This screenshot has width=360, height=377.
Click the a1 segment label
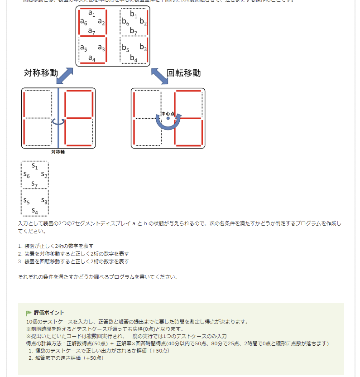click(91, 14)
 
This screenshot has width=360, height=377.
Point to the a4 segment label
click(91, 58)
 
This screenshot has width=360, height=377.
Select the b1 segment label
click(134, 14)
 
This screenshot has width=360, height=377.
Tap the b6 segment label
click(125, 22)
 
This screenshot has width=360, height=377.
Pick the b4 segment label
click(134, 58)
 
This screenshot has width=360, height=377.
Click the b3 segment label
click(143, 47)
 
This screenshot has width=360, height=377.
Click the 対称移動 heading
click(41, 73)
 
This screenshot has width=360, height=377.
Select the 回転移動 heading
click(184, 73)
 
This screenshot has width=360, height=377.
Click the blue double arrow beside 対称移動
click(64, 76)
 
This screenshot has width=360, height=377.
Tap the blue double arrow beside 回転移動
click(159, 76)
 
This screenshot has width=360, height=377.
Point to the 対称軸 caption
click(58, 152)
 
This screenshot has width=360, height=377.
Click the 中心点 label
click(168, 113)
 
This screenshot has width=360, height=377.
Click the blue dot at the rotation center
click(168, 118)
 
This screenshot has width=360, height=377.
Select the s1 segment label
click(35, 166)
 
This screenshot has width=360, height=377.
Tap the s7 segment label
click(35, 184)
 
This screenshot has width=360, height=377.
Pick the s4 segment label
click(35, 211)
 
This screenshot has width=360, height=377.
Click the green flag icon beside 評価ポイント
click(29, 313)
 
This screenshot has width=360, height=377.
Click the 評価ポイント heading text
click(49, 313)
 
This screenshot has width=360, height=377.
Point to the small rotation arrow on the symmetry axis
click(58, 121)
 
